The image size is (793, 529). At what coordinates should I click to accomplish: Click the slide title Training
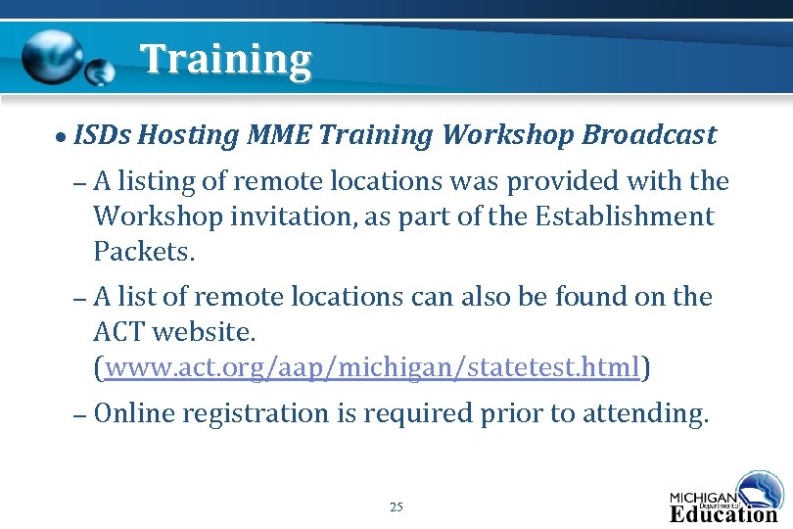(225, 60)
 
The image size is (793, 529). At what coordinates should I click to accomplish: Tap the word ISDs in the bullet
(102, 134)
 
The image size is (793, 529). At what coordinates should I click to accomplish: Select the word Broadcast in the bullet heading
(649, 134)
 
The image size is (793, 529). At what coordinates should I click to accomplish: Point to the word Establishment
(626, 216)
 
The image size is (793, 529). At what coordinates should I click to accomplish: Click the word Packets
(144, 252)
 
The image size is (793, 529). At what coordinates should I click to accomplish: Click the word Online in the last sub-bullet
(135, 413)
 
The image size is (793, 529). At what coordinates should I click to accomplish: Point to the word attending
(645, 414)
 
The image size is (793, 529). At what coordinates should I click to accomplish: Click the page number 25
(396, 506)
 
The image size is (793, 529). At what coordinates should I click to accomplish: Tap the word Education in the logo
(723, 512)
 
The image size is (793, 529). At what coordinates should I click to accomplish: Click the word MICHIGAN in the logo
(702, 496)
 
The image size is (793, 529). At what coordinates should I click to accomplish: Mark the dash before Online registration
(81, 414)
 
